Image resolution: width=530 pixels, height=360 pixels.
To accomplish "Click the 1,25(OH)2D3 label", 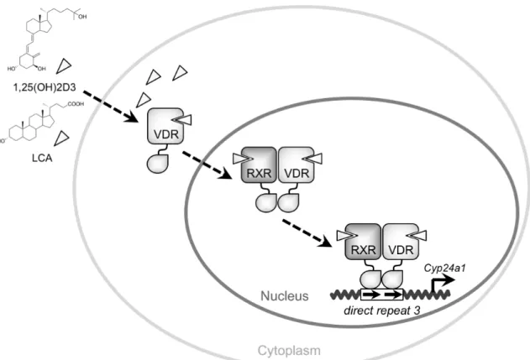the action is [45, 87].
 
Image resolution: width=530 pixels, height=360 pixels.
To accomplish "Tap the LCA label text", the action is [42, 158].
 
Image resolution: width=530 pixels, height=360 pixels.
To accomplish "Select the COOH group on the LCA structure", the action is [76, 104].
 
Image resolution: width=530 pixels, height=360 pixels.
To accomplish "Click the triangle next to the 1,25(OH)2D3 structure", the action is [63, 65].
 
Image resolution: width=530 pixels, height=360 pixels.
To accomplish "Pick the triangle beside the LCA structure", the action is [61, 138].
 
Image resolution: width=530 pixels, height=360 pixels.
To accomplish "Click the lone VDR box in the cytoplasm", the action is [165, 126].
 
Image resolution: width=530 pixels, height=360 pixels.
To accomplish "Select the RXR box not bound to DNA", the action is [259, 164].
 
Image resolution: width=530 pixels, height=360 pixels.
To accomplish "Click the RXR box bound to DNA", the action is [364, 242].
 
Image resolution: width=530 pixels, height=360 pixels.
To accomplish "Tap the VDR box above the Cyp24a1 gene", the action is [401, 242].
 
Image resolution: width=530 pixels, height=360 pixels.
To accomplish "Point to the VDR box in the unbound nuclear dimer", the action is [296, 164].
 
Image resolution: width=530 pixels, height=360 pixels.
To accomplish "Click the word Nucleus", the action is [285, 296].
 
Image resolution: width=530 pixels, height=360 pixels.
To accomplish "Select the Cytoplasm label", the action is [289, 351].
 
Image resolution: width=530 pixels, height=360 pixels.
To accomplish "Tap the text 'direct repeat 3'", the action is [382, 310].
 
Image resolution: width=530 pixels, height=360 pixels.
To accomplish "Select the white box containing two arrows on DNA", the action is [382, 295].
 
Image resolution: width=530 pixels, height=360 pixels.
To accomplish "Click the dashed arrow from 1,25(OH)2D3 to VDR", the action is [111, 106].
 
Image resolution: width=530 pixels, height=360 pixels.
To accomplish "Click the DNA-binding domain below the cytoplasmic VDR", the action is [157, 164].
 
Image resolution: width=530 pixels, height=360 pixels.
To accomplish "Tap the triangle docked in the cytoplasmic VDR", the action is [183, 119].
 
